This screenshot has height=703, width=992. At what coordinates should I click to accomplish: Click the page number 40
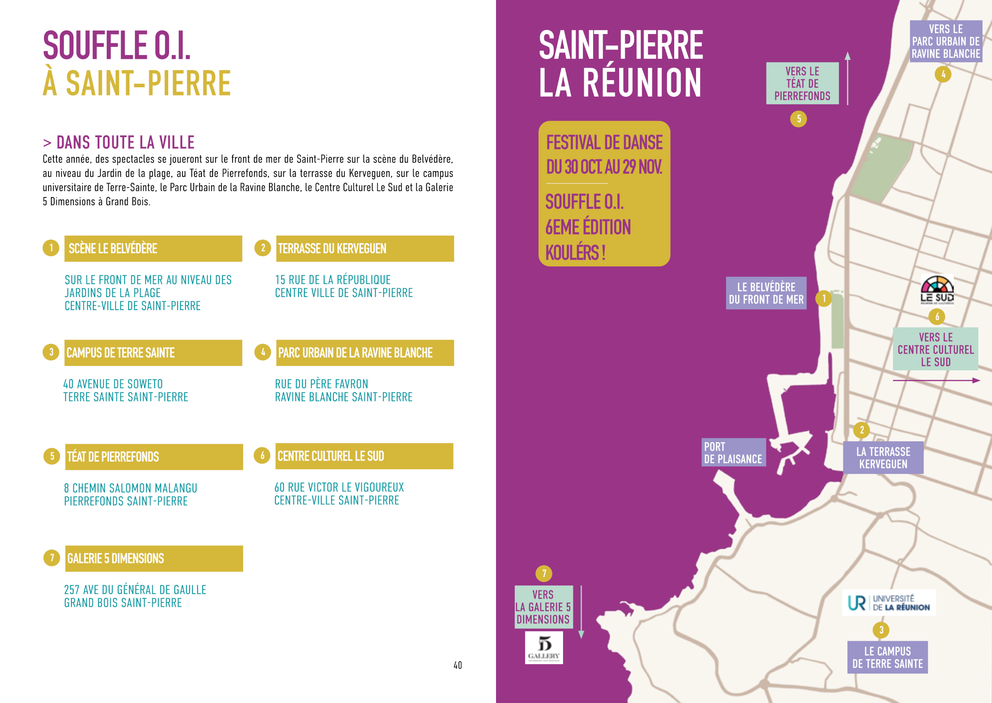click(458, 665)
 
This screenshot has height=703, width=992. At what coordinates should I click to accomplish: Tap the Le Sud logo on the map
click(937, 289)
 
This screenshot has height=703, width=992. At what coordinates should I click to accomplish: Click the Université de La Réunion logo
click(888, 603)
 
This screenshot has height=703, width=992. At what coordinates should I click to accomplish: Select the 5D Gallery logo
click(544, 647)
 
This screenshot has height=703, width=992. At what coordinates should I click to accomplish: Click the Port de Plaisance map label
click(733, 452)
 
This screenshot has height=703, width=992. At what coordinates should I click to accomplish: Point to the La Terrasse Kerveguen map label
click(883, 458)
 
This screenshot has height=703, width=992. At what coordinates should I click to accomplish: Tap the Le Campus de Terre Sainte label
click(887, 657)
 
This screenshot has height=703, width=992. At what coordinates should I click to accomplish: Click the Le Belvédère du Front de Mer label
click(766, 293)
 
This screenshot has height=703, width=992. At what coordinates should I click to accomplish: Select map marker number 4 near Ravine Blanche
click(943, 74)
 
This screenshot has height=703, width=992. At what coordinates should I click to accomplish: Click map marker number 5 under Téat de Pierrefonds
click(798, 119)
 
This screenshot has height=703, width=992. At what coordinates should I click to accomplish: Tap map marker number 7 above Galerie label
click(544, 574)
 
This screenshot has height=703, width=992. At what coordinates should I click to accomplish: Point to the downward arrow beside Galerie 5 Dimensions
click(581, 612)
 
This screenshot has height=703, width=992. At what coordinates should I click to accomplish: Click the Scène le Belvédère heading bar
click(153, 249)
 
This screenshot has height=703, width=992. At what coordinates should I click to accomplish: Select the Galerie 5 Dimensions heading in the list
click(154, 558)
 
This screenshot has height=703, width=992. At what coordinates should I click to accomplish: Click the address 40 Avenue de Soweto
click(113, 384)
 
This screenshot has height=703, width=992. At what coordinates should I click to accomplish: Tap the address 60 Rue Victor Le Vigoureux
click(339, 487)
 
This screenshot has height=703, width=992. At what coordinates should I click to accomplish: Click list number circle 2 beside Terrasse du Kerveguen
click(263, 248)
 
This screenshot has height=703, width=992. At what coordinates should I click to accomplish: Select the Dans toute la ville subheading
click(119, 142)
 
